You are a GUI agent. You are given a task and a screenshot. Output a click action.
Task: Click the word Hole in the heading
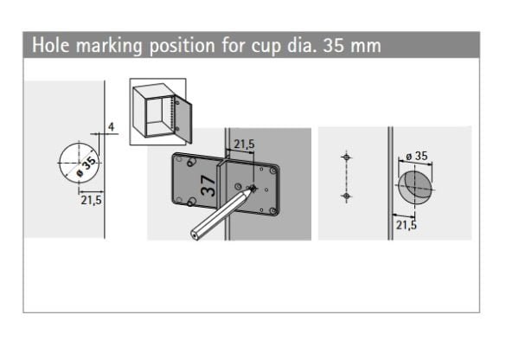pos(51,45)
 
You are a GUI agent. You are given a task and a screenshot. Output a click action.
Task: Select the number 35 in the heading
pos(334,45)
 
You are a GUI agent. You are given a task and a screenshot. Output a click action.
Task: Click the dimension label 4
pos(112,126)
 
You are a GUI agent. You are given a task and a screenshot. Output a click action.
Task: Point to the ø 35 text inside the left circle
pos(86,167)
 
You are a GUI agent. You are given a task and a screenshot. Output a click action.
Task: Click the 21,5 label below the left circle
pos(91,201)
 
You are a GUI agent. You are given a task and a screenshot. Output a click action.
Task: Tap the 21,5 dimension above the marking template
pos(244,144)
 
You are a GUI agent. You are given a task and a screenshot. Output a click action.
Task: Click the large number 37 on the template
pos(208,185)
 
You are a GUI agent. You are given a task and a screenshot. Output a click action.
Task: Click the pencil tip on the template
pos(253,189)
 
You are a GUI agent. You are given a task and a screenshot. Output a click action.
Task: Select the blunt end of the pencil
pos(195,235)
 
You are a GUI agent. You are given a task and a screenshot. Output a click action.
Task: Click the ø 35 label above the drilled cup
pos(417,156)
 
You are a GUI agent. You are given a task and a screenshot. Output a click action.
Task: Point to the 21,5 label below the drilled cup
pos(407,225)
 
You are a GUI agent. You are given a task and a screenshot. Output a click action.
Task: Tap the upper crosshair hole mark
pos(346,157)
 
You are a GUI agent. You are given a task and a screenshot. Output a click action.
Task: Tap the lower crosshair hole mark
pos(346,196)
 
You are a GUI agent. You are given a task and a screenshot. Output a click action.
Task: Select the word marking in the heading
pos(110,46)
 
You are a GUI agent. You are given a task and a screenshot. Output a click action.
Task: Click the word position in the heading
pos(183,46)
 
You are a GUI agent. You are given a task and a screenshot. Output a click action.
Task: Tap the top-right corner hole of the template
pos(273,170)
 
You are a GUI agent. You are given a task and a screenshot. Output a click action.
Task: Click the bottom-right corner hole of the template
pos(272,210)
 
